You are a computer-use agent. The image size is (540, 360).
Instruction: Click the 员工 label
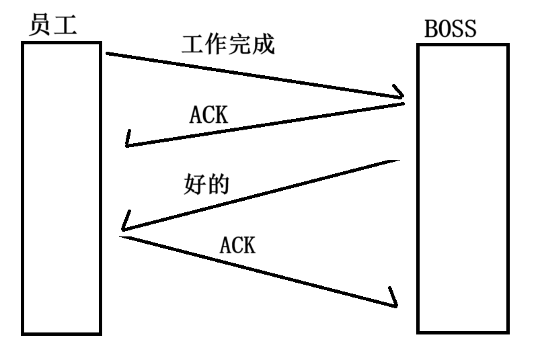click(x=54, y=25)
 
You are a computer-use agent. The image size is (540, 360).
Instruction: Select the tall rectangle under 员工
click(x=61, y=187)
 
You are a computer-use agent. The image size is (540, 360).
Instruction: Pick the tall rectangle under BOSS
click(x=461, y=188)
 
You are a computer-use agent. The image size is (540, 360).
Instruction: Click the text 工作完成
click(x=229, y=44)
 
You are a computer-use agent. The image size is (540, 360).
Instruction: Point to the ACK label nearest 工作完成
click(x=208, y=116)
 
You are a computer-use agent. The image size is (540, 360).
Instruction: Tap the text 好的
click(x=206, y=185)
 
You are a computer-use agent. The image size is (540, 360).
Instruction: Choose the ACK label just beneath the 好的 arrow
click(x=237, y=246)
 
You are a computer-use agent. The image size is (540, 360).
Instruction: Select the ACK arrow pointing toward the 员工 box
click(x=269, y=124)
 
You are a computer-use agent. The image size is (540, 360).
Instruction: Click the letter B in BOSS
click(x=431, y=30)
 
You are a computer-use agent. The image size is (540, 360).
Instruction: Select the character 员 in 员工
click(x=42, y=25)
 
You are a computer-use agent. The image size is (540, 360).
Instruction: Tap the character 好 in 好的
click(x=194, y=185)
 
